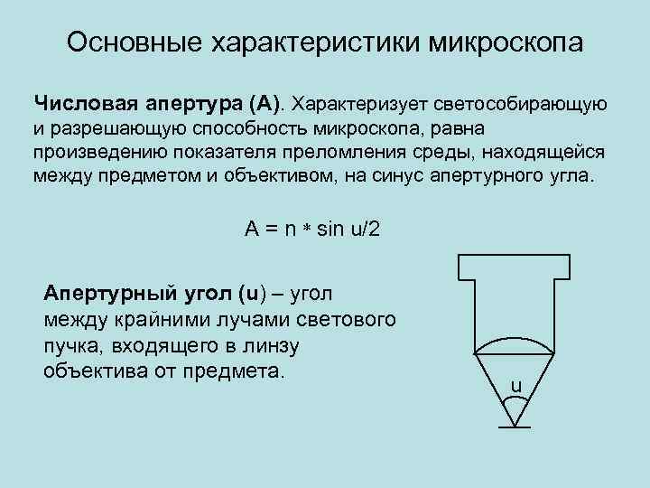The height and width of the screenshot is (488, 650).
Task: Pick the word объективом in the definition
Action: (274, 174)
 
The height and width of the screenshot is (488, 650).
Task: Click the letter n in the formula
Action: (290, 229)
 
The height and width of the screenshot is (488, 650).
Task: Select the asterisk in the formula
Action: (307, 230)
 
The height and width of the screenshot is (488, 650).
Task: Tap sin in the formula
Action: (330, 229)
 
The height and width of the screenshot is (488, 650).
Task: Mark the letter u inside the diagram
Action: (515, 386)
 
